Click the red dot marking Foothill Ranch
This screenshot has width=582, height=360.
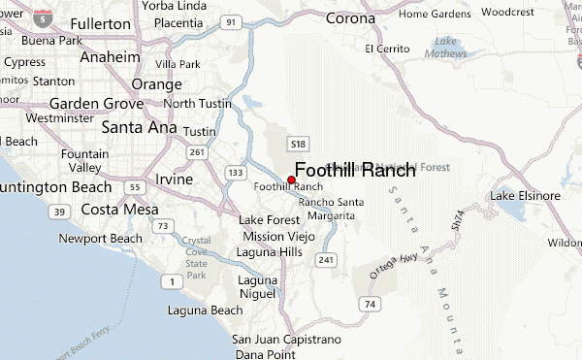coord(291,180)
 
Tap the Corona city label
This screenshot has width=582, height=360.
coord(350,17)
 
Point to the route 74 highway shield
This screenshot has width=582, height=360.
coord(369,304)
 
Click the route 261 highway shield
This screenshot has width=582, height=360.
coord(197,151)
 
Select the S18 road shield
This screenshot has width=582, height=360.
coord(298,143)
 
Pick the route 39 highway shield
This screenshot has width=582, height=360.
coord(59,212)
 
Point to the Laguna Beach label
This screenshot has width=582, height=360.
coord(205,311)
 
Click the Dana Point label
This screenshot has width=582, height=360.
coord(260,352)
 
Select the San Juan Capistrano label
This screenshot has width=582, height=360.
coord(286,339)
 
